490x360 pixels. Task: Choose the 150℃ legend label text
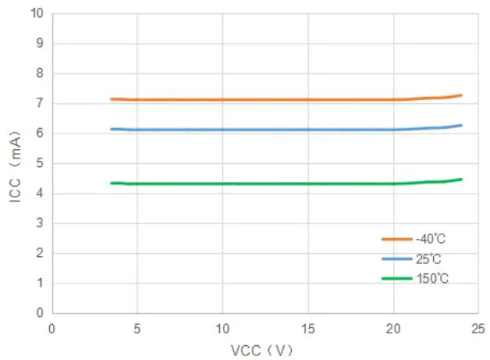432,279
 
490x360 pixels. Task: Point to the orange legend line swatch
396,239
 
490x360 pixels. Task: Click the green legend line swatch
396,279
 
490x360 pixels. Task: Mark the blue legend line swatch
396,258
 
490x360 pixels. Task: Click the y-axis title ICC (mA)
15,163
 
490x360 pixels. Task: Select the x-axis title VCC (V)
261,350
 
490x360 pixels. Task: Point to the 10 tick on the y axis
37,13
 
